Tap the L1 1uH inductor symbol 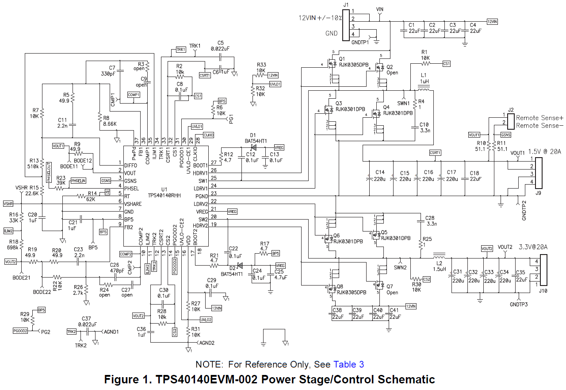point(424,89)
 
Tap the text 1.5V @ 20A point(544,152)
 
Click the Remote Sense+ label point(540,118)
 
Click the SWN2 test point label point(400,267)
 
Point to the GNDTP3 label point(518,305)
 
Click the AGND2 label point(207,343)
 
